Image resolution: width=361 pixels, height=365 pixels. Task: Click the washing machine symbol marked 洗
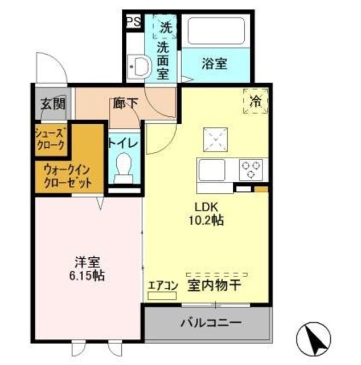(x=165, y=27)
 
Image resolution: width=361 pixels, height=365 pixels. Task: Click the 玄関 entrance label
(x=52, y=104)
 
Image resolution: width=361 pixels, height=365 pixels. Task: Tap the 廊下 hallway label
(x=125, y=104)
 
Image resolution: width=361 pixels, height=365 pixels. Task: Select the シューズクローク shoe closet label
(x=52, y=139)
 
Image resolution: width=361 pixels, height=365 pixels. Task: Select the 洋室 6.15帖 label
(x=87, y=269)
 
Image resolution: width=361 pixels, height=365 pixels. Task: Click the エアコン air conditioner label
(x=163, y=286)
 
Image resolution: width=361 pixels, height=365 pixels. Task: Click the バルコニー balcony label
(x=211, y=323)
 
